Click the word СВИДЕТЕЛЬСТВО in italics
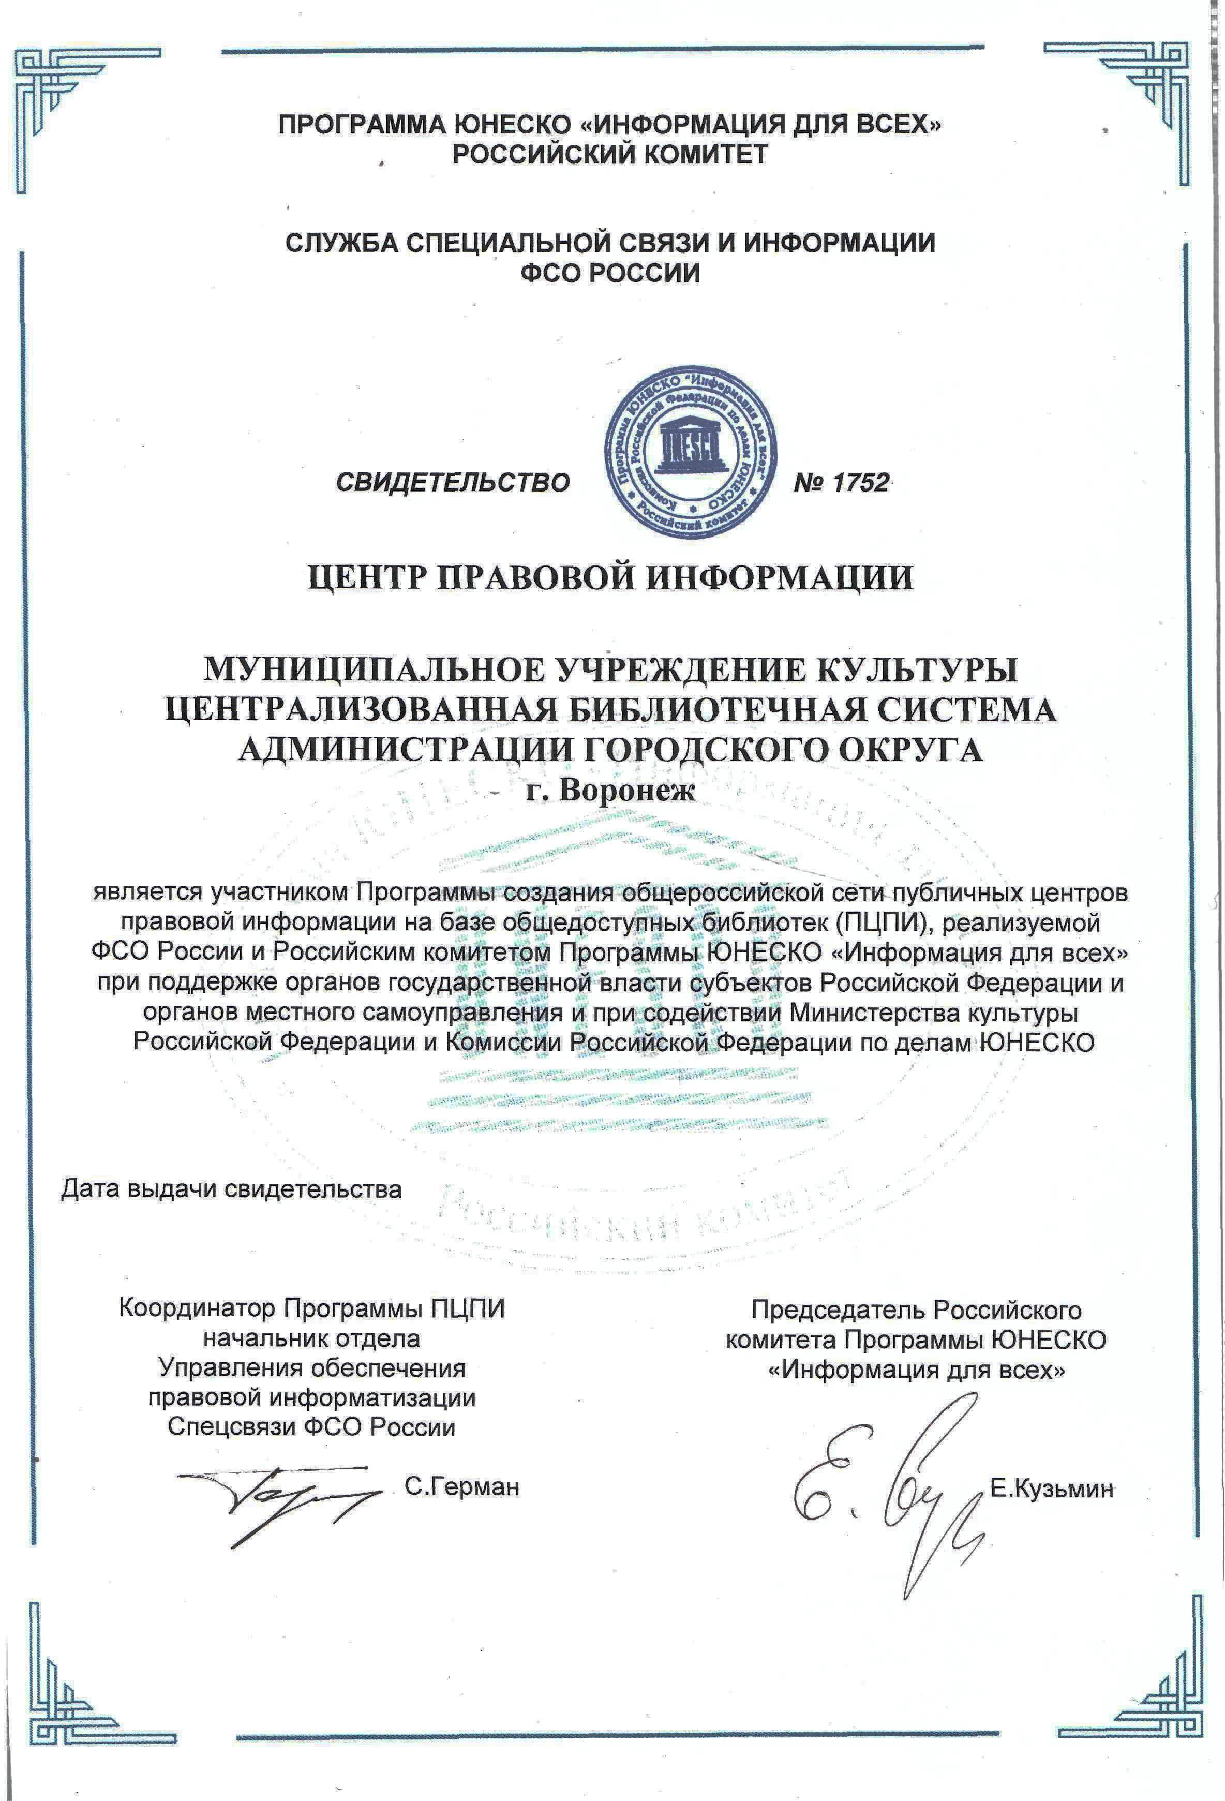[453, 482]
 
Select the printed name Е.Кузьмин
[1051, 1488]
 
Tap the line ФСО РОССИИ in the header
[610, 273]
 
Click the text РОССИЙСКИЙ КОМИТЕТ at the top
[610, 154]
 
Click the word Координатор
[197, 1308]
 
